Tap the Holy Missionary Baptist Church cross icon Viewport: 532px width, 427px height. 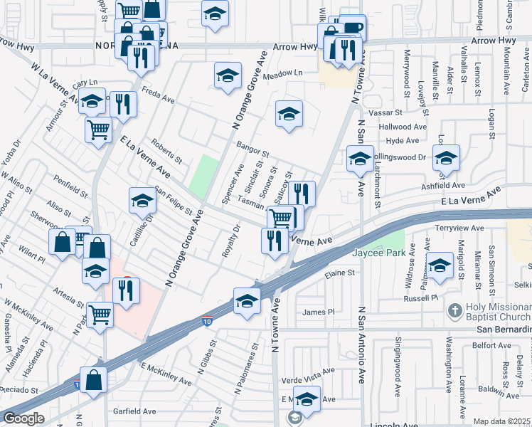click(454, 311)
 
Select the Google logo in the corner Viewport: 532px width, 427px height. click(24, 418)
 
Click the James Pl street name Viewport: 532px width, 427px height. click(318, 312)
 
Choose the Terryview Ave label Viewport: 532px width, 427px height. click(459, 228)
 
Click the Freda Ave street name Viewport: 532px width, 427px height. click(157, 93)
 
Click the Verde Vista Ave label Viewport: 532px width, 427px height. click(308, 371)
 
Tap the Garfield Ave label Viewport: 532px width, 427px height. click(134, 411)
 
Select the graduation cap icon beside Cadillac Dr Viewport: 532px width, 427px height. click(142, 202)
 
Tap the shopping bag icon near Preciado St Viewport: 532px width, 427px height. click(93, 381)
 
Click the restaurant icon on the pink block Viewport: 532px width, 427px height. click(127, 291)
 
